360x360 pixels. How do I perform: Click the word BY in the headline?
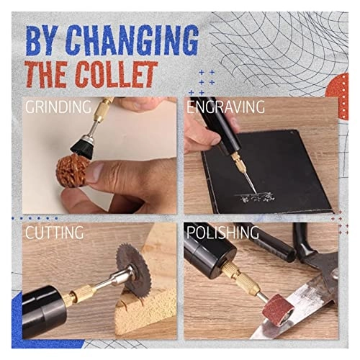(44, 41)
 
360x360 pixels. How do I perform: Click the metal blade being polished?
(317, 310)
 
